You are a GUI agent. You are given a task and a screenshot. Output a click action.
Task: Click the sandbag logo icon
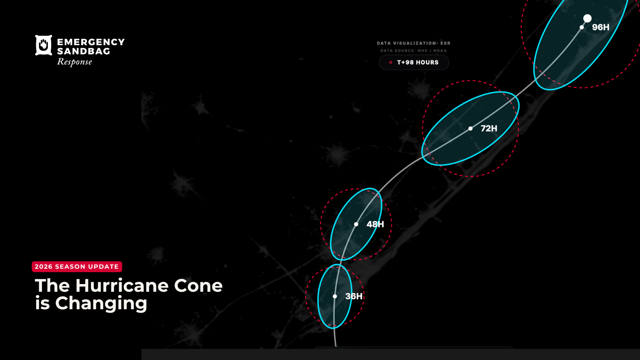(x=44, y=45)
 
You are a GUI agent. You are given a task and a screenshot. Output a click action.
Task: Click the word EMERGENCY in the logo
(x=91, y=42)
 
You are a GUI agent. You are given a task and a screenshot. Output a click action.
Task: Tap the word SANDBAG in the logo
(x=84, y=51)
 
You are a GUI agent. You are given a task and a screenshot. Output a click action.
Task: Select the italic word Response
(x=75, y=62)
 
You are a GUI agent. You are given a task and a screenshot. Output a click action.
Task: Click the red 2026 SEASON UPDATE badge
(x=77, y=267)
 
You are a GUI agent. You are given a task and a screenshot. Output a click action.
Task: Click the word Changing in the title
(x=101, y=303)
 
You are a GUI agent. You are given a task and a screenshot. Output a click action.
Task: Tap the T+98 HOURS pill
(x=414, y=62)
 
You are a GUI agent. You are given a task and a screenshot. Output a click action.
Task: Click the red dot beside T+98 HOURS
(x=390, y=62)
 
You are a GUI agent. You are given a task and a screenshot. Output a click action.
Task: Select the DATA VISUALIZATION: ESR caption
(x=413, y=43)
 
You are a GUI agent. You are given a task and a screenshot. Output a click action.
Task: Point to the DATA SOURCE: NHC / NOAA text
(x=413, y=51)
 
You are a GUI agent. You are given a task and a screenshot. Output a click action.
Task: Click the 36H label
(x=354, y=296)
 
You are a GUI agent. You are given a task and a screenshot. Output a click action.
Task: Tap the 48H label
(x=375, y=224)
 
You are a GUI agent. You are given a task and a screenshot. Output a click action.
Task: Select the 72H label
(x=489, y=128)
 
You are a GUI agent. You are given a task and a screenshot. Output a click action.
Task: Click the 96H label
(x=600, y=27)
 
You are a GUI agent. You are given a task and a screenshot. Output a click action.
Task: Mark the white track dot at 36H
(x=335, y=296)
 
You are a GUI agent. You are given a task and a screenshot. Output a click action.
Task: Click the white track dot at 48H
(x=356, y=224)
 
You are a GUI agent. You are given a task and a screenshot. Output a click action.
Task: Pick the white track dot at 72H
(x=470, y=128)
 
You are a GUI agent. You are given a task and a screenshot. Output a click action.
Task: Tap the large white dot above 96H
(x=588, y=18)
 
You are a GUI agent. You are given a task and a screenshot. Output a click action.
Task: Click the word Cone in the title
(x=198, y=286)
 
